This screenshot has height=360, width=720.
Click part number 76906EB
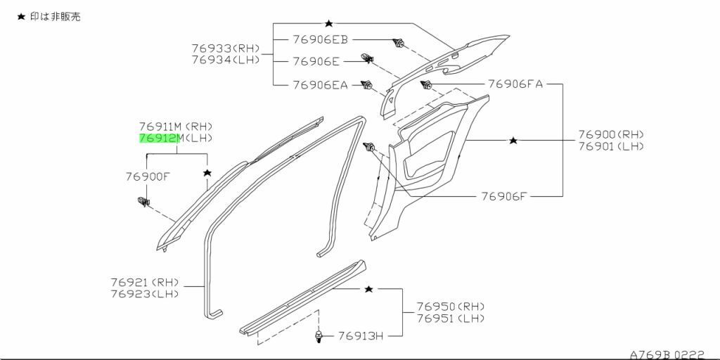tap(320, 41)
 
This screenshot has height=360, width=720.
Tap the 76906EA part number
tap(320, 85)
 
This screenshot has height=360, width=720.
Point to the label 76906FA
tap(515, 84)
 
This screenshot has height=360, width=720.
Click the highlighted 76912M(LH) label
tap(175, 139)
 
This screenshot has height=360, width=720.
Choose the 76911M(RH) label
tap(175, 127)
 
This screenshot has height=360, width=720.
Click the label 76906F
tap(503, 196)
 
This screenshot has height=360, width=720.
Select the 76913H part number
tap(360, 336)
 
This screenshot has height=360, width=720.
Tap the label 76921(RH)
tap(144, 282)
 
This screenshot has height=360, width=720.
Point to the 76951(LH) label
tap(450, 319)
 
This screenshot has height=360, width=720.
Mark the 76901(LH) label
tap(611, 146)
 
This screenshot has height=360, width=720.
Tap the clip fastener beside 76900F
tap(144, 202)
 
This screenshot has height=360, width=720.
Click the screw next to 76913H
tap(319, 337)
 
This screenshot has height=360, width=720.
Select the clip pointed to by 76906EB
tap(399, 43)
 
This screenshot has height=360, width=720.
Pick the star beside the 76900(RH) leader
tap(513, 141)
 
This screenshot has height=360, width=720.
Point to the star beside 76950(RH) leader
tap(368, 289)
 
